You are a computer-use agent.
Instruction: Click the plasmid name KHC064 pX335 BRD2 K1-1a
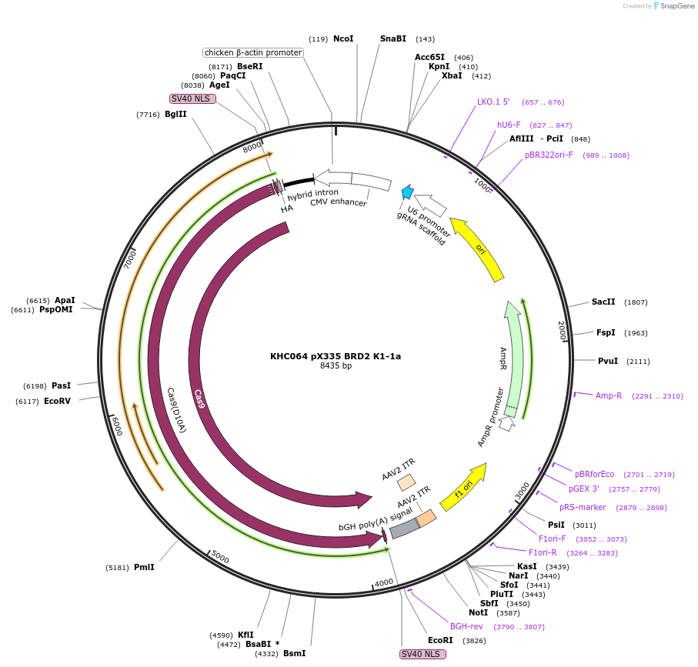pos(335,356)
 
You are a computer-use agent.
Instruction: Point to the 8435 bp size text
pos(335,366)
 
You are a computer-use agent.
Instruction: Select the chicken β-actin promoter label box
pos(253,52)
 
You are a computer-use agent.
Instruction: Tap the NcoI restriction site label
pos(343,38)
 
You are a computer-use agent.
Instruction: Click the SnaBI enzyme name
pos(392,38)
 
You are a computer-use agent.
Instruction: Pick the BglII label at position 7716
pos(175,114)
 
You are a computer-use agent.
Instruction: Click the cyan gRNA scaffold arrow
pos(407,192)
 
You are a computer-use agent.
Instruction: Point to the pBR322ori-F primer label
pos(549,155)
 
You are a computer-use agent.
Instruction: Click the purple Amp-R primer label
pos(608,395)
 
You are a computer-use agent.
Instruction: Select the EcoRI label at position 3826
pos(440,640)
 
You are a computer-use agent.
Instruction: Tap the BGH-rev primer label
pos(466,626)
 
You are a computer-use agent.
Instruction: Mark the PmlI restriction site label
pos(144,567)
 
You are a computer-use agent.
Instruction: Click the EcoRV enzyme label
pos(58,401)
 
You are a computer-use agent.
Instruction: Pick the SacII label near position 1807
pos(603,302)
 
